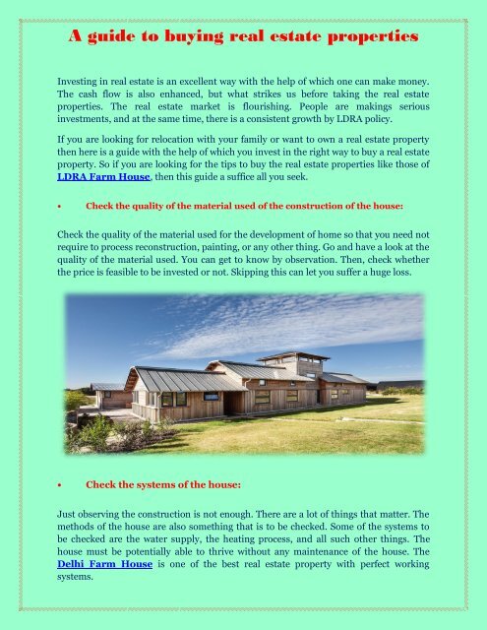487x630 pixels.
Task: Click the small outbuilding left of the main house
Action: tap(110, 395)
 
